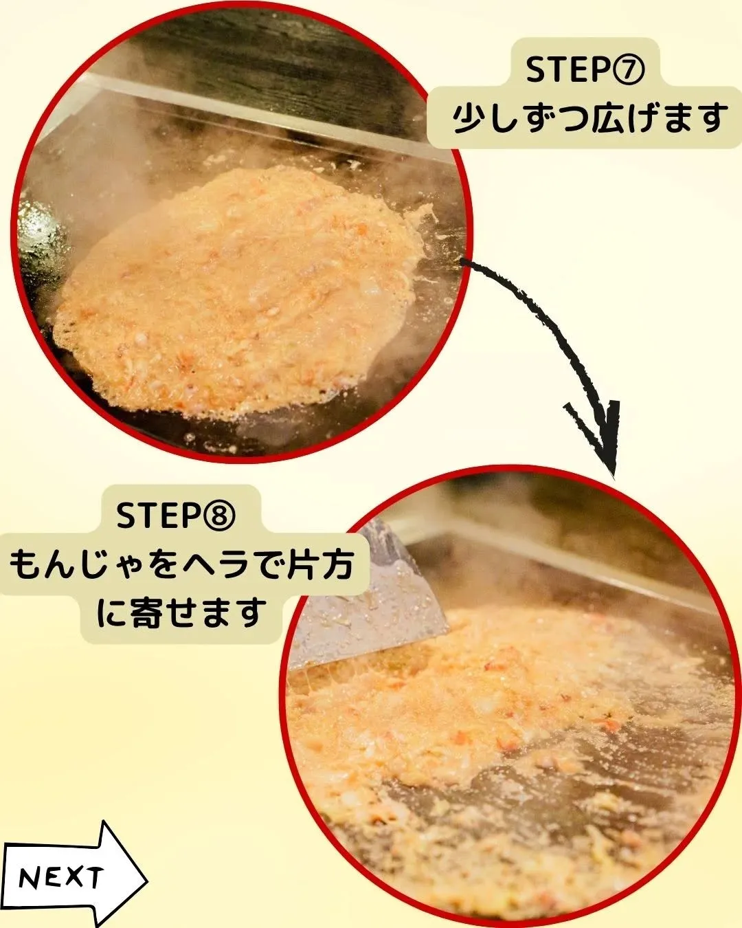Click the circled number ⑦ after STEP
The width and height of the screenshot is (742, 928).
pyautogui.click(x=628, y=71)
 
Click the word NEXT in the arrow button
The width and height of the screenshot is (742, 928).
pyautogui.click(x=61, y=878)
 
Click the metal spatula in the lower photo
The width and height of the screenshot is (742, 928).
pyautogui.click(x=385, y=605)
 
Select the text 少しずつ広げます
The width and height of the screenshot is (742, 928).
pyautogui.click(x=589, y=118)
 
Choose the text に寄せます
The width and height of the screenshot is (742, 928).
pyautogui.click(x=181, y=612)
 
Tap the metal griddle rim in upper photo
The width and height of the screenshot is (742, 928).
pyautogui.click(x=275, y=110)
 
